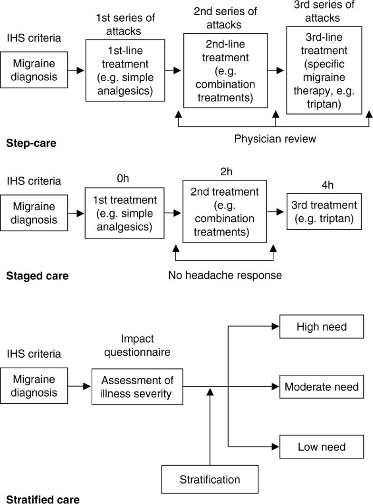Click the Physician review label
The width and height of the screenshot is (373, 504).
tap(276, 140)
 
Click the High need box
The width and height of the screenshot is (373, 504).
tap(322, 327)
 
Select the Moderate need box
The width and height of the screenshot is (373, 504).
tap(322, 387)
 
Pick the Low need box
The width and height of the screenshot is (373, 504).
tap(322, 447)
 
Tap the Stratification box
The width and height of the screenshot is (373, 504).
tap(210, 479)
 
